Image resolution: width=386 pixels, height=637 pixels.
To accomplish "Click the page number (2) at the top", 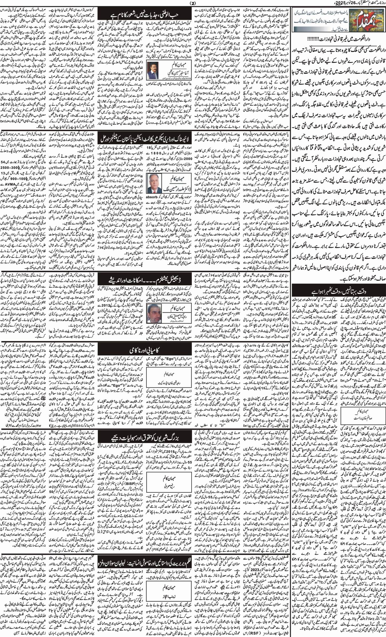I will [193, 3].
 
